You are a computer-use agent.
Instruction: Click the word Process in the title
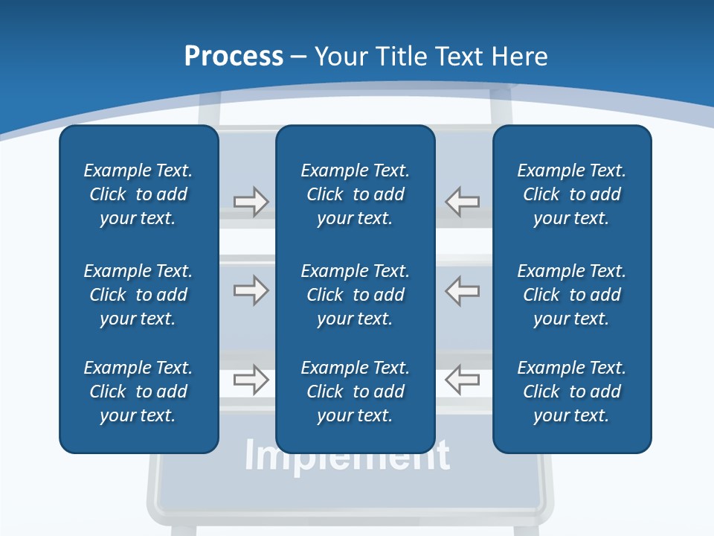(x=234, y=57)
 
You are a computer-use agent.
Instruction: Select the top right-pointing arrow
(x=251, y=202)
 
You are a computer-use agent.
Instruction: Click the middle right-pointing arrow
(x=251, y=290)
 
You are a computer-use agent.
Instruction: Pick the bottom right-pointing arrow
(x=251, y=380)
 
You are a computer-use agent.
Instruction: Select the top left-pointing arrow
(x=462, y=202)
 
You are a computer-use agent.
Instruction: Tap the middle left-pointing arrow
(x=462, y=290)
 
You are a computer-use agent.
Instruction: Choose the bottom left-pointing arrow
(x=462, y=380)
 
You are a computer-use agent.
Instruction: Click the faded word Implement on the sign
(x=347, y=456)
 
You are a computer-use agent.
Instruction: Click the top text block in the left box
(x=138, y=194)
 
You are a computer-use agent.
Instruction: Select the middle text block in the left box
(x=138, y=295)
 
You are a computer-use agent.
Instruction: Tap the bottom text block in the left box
(x=138, y=392)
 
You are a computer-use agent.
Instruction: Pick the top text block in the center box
(x=355, y=194)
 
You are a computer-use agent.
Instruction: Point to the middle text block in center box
(x=355, y=295)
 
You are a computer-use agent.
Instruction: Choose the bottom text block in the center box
(x=355, y=392)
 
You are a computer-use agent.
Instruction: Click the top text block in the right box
(x=571, y=194)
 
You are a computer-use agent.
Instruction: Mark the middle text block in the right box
(x=571, y=295)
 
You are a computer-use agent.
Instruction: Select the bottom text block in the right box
(x=571, y=392)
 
